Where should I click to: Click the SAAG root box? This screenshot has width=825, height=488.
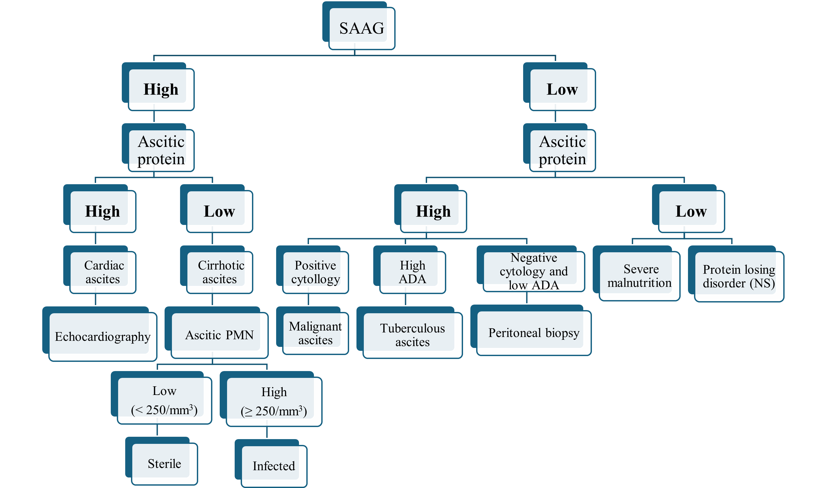[x=361, y=28]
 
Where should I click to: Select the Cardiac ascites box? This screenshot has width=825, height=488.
[x=103, y=272]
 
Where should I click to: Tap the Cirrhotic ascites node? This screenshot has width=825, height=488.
[x=220, y=272]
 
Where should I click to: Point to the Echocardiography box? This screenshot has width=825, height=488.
[x=102, y=336]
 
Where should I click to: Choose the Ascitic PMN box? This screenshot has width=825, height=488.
[x=219, y=335]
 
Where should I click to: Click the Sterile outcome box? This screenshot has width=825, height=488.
[x=164, y=464]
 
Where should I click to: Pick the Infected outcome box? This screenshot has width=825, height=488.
[x=274, y=466]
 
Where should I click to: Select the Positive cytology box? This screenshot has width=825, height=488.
[x=315, y=272]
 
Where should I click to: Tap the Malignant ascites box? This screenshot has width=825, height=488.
[x=315, y=333]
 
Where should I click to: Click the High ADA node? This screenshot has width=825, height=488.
[x=413, y=272]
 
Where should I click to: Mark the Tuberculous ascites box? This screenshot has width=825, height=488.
[x=413, y=335]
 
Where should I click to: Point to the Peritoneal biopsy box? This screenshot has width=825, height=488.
[x=534, y=333]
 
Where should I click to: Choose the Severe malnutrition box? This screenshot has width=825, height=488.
[x=639, y=276]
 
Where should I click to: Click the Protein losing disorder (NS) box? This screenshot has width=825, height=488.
[x=739, y=276]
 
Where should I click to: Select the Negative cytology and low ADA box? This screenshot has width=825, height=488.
[x=534, y=271]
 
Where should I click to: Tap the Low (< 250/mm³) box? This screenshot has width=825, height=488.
[x=164, y=400]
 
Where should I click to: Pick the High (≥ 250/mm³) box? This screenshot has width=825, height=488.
[x=274, y=402]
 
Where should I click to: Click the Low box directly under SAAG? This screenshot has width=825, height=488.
[x=562, y=89]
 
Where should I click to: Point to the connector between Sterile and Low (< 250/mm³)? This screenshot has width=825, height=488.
[x=157, y=430]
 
